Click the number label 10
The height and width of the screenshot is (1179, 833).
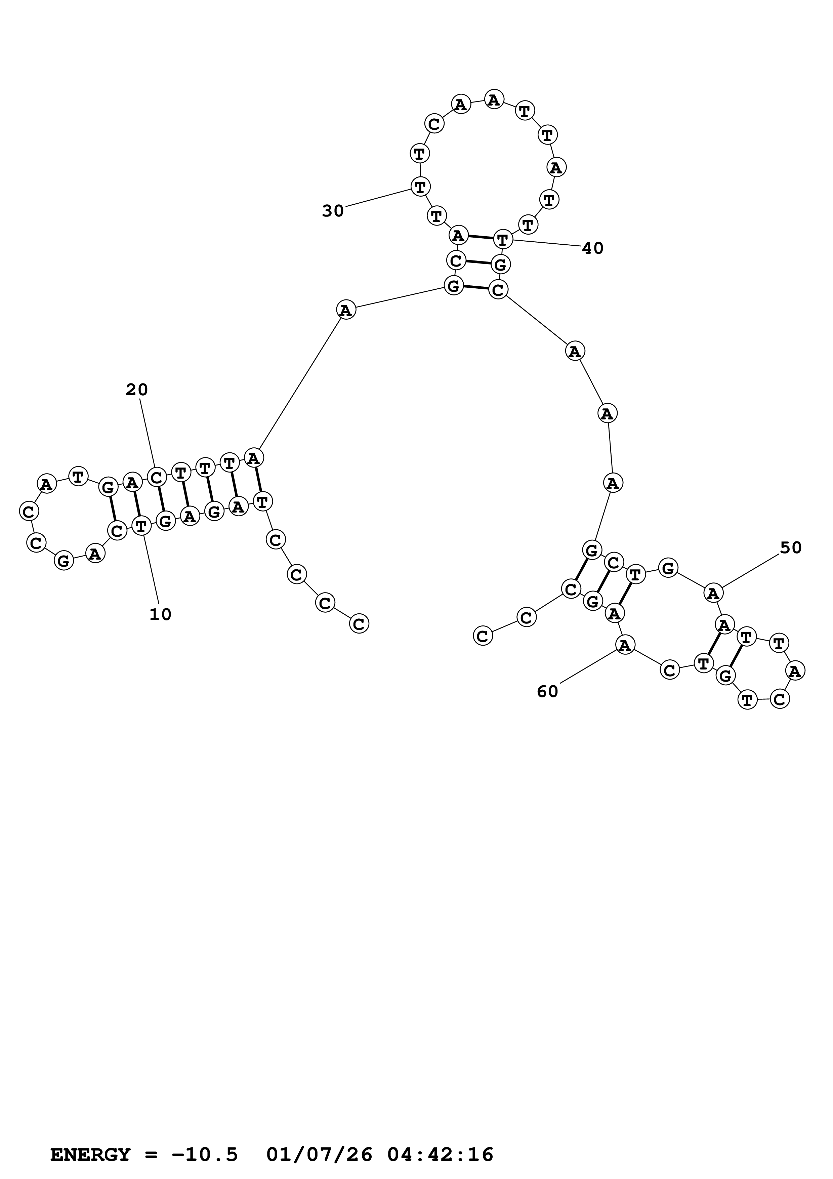click(x=160, y=615)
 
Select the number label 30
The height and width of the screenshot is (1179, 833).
click(x=333, y=210)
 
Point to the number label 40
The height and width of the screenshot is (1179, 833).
click(x=592, y=248)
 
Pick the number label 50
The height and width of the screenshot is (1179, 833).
click(x=790, y=548)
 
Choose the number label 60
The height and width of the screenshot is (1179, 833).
click(x=547, y=692)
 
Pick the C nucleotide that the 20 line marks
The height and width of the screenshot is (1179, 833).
click(x=157, y=477)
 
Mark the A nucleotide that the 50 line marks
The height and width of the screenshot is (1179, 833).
click(x=712, y=593)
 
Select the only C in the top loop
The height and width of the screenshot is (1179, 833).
click(x=434, y=124)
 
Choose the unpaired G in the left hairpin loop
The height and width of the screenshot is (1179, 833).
click(x=64, y=560)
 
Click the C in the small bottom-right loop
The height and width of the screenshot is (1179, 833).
click(x=780, y=699)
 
